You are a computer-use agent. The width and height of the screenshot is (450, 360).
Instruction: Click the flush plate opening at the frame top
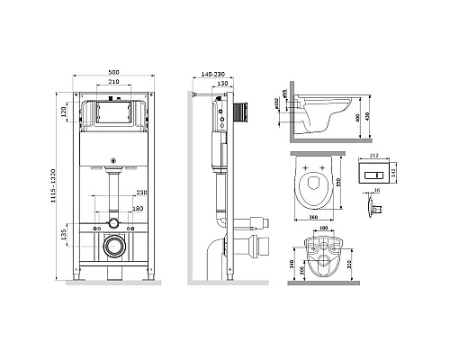(112, 114)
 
